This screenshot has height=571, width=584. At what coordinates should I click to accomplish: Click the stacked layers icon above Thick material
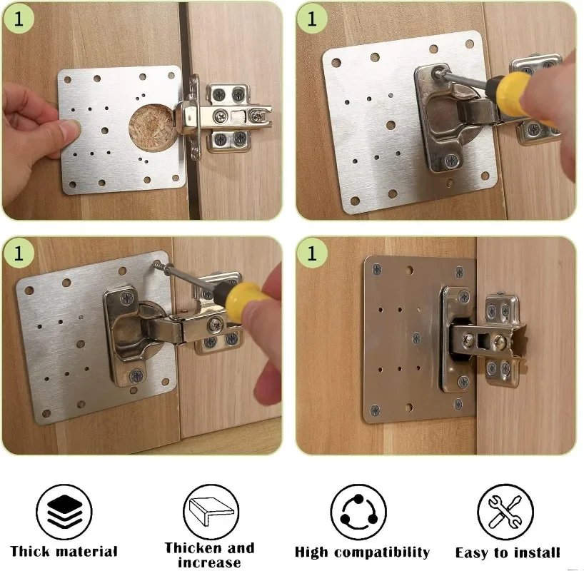tap(65, 512)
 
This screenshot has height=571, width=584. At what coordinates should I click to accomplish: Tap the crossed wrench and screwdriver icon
tap(505, 512)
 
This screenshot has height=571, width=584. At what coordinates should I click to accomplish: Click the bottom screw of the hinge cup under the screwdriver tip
tap(450, 161)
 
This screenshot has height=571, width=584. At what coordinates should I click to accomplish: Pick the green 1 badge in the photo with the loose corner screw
tap(19, 253)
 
